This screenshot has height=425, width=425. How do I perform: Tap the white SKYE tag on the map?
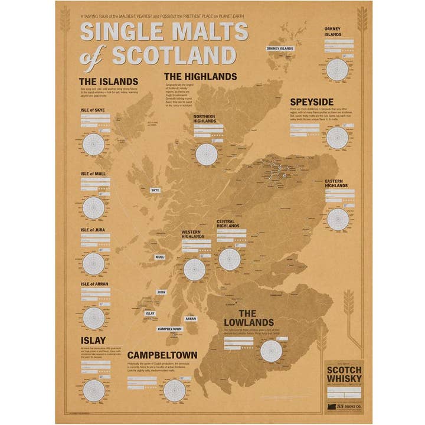click(x=155, y=191)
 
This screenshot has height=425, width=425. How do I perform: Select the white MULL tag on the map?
click(x=160, y=257)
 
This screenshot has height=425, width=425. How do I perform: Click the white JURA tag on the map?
click(x=161, y=292)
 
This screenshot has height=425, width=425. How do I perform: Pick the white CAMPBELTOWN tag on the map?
click(x=169, y=329)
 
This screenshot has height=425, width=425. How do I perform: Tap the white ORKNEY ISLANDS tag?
click(x=280, y=48)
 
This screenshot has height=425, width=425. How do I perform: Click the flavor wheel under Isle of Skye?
click(x=94, y=145)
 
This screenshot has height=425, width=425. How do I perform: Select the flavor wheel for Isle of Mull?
click(x=94, y=206)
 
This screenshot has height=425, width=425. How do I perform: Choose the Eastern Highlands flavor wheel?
click(x=338, y=218)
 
